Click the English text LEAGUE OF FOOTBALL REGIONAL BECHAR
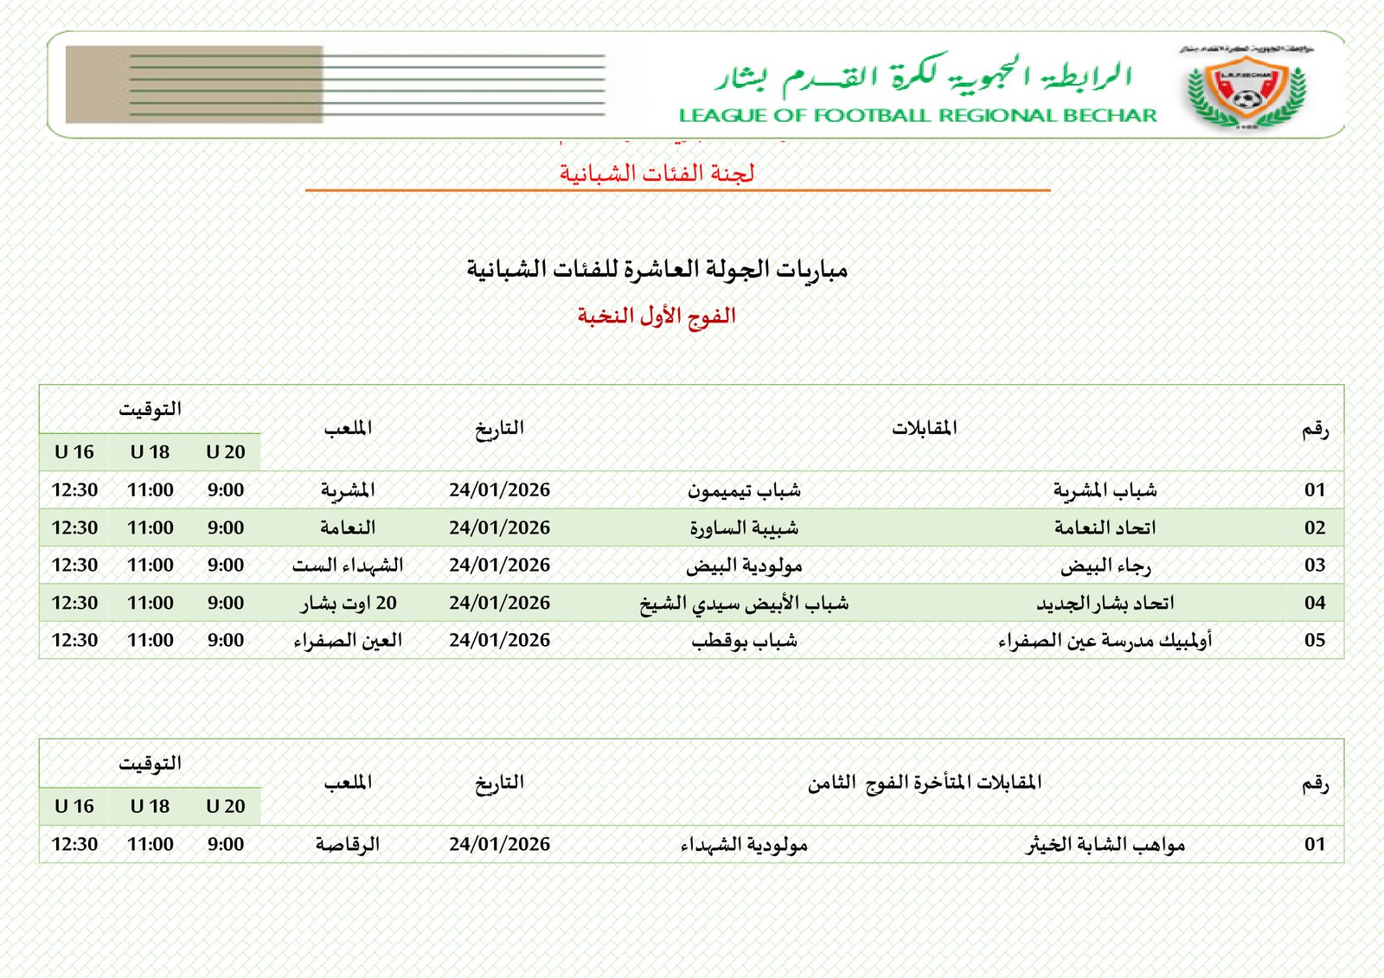tap(918, 115)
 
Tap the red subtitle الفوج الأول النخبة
tap(657, 316)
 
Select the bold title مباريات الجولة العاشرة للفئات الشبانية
tap(657, 269)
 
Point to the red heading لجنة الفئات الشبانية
tap(657, 173)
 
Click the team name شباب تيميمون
tap(744, 490)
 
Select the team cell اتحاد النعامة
tap(1105, 527)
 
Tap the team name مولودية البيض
tap(744, 566)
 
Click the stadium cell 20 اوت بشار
tap(349, 603)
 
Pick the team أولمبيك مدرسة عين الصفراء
tap(1105, 641)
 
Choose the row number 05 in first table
tap(1314, 641)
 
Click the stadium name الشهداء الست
tap(348, 566)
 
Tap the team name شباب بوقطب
tap(744, 641)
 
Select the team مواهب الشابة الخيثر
tap(1105, 844)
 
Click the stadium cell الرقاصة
tap(348, 844)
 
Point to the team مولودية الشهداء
tap(744, 844)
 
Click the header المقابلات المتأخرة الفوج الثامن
tap(924, 783)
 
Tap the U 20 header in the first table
tap(225, 452)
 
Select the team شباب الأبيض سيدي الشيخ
tap(744, 603)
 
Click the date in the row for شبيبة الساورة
tap(499, 527)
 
